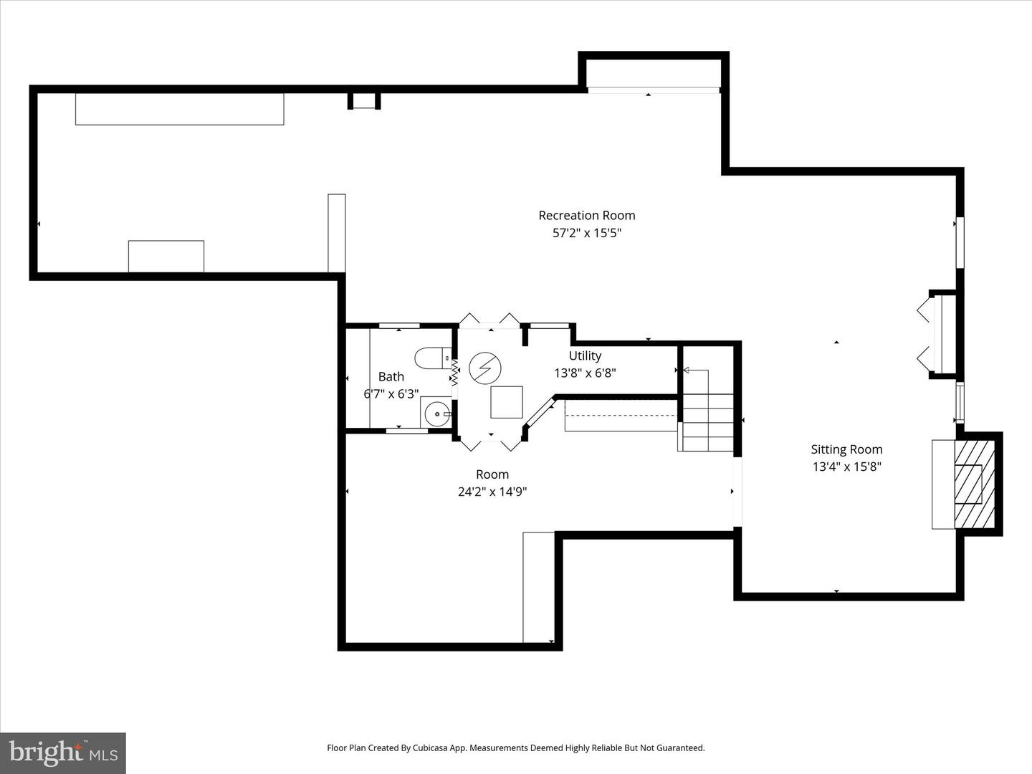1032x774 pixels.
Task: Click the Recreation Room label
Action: [586, 215]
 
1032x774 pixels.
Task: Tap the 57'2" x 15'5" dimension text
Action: [586, 233]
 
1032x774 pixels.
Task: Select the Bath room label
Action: [391, 376]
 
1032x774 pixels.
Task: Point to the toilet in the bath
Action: [431, 358]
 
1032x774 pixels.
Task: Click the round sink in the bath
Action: [436, 414]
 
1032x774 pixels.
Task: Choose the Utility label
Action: [585, 355]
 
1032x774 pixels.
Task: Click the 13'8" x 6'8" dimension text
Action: [585, 373]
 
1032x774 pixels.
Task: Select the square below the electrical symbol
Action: [507, 402]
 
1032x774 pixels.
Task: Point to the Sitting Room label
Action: [846, 449]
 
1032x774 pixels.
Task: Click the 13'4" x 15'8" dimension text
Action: [846, 467]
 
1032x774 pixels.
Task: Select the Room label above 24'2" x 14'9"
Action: [492, 474]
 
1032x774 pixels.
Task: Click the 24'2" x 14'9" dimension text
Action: [492, 492]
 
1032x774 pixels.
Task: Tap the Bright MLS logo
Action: [63, 752]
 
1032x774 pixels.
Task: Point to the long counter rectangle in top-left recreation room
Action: [179, 109]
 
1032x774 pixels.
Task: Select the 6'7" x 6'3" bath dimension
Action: [391, 393]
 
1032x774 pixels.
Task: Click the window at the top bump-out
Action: [653, 90]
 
